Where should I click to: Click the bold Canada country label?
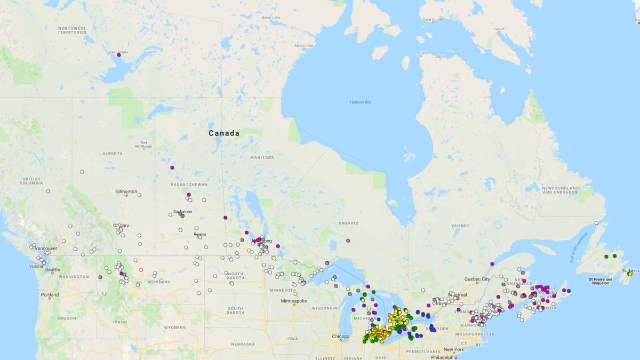(x=224, y=133)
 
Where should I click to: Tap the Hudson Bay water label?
(x=360, y=102)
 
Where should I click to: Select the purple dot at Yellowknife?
(x=119, y=55)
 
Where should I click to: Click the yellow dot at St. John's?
(x=629, y=274)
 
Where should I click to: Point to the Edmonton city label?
(x=126, y=191)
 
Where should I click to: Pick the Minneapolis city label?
(x=294, y=301)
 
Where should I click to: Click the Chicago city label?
(x=340, y=337)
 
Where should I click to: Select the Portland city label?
(x=50, y=294)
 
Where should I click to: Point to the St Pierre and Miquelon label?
(x=601, y=281)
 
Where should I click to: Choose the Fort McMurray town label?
(x=144, y=145)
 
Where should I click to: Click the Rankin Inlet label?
(x=303, y=45)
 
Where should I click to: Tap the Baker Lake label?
(x=271, y=17)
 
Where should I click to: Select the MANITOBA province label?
(x=262, y=157)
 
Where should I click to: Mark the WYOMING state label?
(x=174, y=327)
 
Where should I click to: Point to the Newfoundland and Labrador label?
(x=560, y=190)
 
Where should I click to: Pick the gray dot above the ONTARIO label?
(x=348, y=241)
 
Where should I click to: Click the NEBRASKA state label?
(x=243, y=344)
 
